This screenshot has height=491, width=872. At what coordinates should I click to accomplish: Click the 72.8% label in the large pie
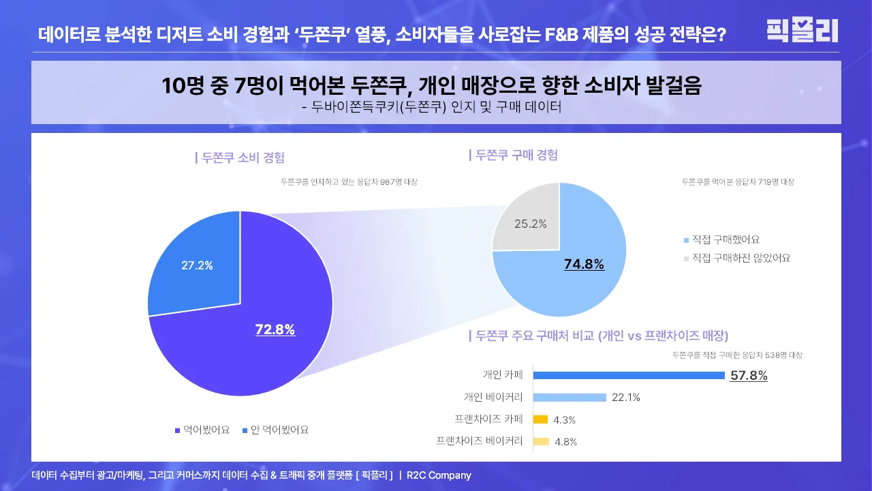coord(275,330)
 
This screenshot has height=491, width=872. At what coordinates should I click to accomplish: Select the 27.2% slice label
coord(197,266)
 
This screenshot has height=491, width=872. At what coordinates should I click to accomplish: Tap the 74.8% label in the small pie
coord(584,265)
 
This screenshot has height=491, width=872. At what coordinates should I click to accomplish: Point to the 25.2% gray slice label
coord(530,224)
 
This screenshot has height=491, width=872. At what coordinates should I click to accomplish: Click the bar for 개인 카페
coord(628,375)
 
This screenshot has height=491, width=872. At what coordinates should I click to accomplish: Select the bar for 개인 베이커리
coord(570,398)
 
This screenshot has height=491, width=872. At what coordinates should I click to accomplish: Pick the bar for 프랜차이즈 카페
coord(540,419)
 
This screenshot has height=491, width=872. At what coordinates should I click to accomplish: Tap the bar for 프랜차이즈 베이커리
coord(541,441)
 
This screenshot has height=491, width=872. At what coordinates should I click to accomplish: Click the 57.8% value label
coord(749,375)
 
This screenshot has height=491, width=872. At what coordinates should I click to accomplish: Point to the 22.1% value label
coord(626,398)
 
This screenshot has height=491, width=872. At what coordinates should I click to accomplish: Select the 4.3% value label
coord(564,420)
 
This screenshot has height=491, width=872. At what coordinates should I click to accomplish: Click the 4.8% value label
coord(565,442)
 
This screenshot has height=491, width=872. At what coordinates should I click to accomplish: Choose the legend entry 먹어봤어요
coord(202,430)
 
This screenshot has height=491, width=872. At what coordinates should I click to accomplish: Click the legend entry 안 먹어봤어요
coord(275,430)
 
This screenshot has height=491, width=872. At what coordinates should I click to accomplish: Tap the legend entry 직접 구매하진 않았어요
coord(736,258)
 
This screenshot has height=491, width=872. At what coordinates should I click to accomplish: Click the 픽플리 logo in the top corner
coord(802,31)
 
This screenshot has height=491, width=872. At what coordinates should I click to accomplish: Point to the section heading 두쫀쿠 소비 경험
coord(240,158)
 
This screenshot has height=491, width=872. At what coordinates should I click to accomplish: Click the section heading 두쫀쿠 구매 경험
coord(514,155)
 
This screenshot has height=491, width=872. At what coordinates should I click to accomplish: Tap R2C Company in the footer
coord(439,475)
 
